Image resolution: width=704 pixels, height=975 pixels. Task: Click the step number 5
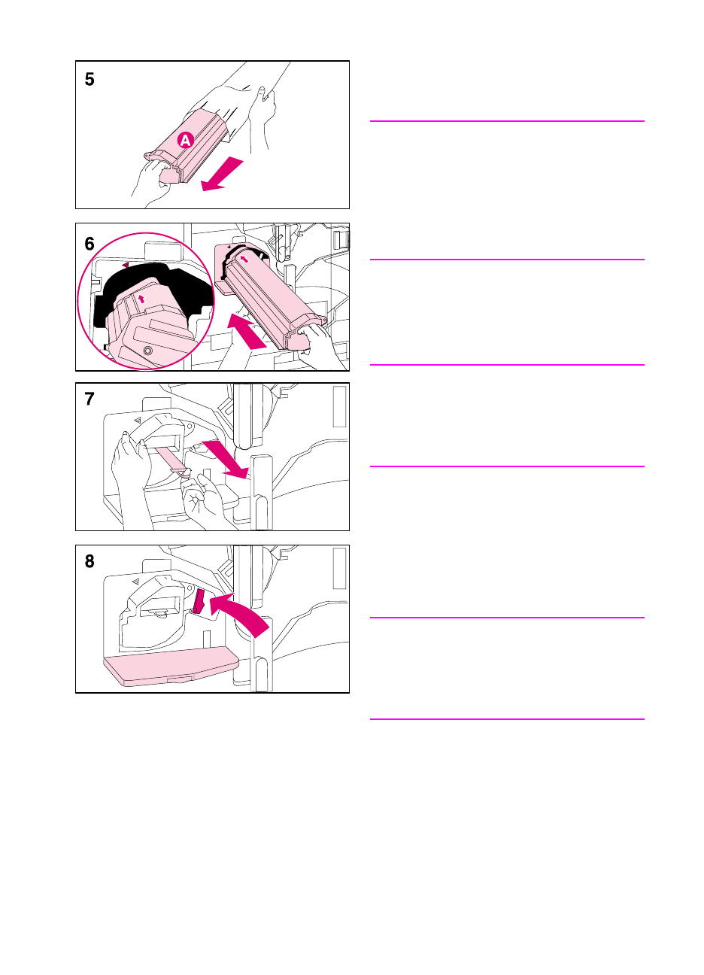90,79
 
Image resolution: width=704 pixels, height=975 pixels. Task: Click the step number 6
90,244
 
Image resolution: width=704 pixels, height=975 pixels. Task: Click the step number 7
90,399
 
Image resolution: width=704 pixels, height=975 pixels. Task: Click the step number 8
90,561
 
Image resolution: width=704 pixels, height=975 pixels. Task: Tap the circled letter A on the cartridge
185,140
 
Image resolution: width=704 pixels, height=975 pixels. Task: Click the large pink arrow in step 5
222,174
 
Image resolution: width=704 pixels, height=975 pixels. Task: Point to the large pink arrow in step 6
246,331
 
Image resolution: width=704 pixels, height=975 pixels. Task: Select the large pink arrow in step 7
226,459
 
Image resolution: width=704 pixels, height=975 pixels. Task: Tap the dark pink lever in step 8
199,600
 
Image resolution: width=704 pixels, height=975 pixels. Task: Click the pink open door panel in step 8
171,665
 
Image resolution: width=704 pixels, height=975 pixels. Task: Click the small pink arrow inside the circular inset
141,299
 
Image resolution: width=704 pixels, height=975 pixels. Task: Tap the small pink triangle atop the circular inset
126,264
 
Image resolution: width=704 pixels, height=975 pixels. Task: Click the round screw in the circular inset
148,351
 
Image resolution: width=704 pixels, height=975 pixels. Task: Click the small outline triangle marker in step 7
138,420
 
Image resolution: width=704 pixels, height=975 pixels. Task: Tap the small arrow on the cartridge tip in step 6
245,259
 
